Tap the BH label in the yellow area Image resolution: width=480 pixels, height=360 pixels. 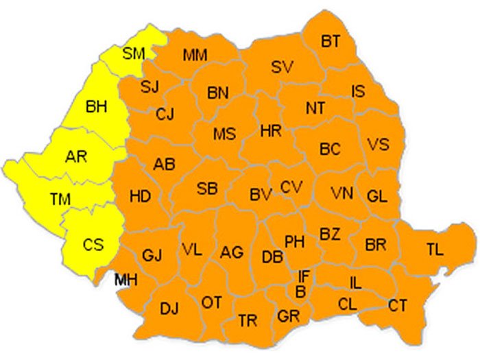coord(97,106)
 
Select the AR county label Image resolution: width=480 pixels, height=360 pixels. coord(76,156)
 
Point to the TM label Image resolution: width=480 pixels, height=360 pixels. coord(61,199)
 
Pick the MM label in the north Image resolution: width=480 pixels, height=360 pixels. coord(195,55)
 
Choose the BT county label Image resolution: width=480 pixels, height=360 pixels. coord(331,42)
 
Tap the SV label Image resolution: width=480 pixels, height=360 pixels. coord(282,67)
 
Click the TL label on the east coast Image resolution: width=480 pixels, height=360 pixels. coord(434,250)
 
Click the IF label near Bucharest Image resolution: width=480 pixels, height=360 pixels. coord(304,276)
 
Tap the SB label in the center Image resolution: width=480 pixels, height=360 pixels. coord(208,189)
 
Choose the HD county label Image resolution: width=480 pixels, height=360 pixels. coord(140,197)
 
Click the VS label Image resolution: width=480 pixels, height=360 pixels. coord(378,145)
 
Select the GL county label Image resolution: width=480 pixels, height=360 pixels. coord(377,195)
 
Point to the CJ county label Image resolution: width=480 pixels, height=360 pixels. coord(165,115)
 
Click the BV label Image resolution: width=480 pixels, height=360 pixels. coord(261,195)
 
